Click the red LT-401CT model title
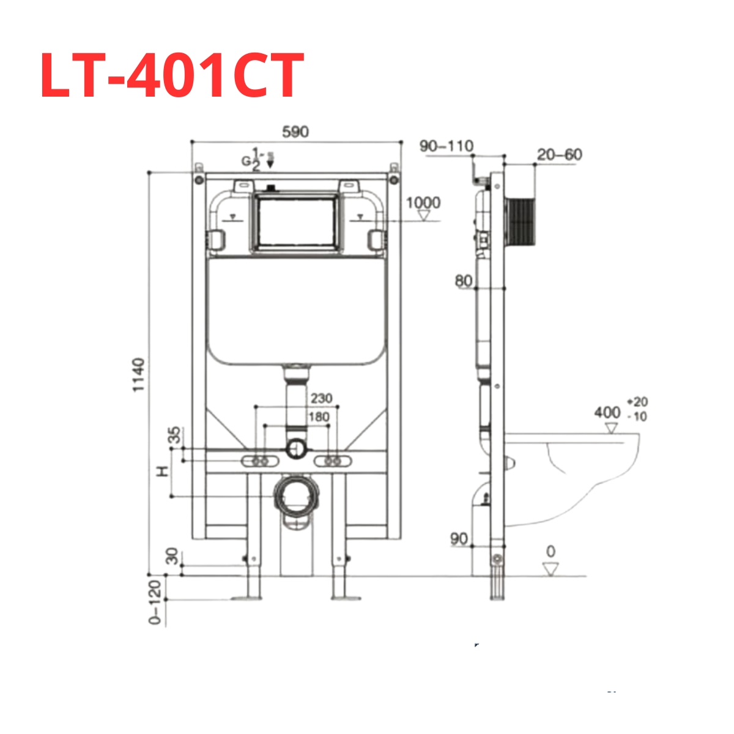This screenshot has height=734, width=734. [172, 75]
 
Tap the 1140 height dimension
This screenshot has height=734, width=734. [140, 375]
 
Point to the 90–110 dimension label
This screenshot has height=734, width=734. [446, 146]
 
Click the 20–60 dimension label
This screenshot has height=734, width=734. [559, 155]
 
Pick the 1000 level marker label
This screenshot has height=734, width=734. [423, 202]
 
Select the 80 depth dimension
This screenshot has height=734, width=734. [464, 281]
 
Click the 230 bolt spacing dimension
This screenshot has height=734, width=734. [321, 398]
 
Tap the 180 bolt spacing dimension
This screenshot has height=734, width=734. [318, 417]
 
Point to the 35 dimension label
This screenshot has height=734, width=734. [175, 436]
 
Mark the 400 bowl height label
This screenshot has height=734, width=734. [607, 413]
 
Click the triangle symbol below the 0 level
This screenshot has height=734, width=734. [551, 569]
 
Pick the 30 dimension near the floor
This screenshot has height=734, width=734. [174, 556]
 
